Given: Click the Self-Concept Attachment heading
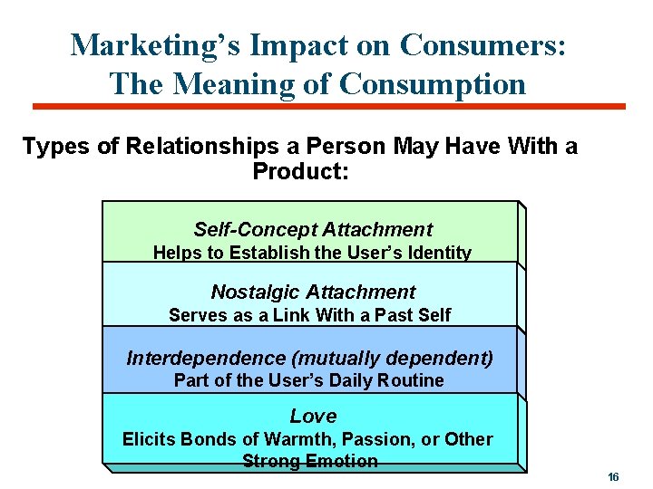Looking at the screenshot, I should [x=313, y=230].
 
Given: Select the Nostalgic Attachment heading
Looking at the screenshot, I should [x=313, y=292].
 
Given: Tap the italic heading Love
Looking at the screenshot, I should [x=313, y=417].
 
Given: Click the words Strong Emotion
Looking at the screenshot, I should [x=310, y=461].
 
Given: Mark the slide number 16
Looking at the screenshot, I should [x=613, y=476].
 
